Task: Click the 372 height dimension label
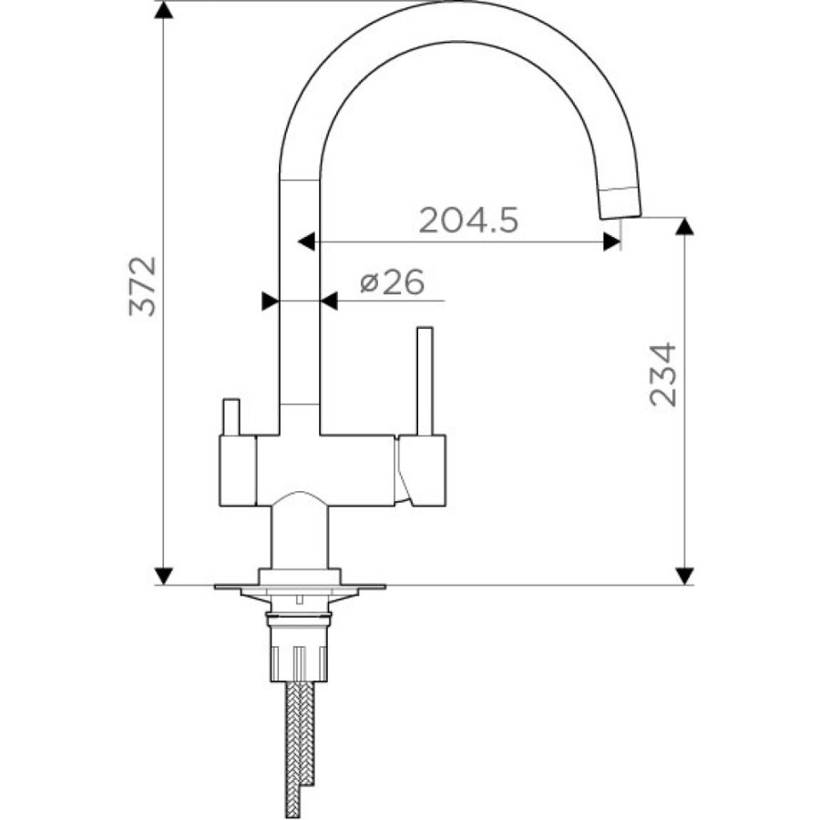click(x=143, y=286)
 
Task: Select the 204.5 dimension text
click(x=469, y=220)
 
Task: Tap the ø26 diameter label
click(x=392, y=283)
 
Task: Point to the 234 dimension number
click(x=662, y=374)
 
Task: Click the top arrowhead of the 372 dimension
click(x=164, y=10)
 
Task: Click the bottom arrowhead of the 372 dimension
click(x=164, y=576)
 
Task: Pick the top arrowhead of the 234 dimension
click(x=684, y=227)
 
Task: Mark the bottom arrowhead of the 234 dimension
click(x=684, y=576)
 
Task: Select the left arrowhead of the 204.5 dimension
click(x=306, y=241)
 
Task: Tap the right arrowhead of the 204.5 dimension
click(x=612, y=241)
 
